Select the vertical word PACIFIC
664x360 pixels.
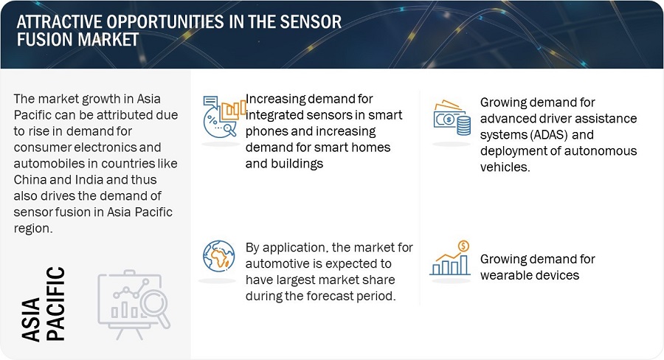(x=55, y=304)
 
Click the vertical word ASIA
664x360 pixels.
(x=31, y=319)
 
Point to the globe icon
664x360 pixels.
(x=218, y=256)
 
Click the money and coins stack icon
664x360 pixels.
(x=452, y=118)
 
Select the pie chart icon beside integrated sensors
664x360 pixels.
(x=224, y=117)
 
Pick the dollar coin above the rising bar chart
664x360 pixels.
(x=464, y=246)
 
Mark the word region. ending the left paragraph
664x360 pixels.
(x=33, y=229)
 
